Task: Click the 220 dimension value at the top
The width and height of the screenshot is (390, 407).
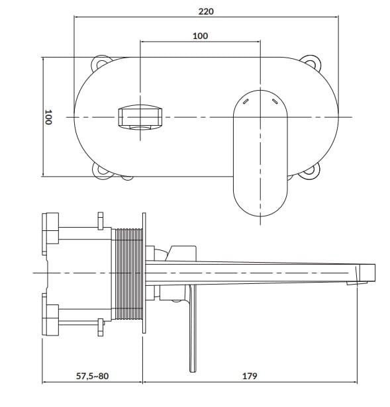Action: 206,11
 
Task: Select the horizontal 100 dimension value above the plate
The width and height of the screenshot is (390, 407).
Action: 200,36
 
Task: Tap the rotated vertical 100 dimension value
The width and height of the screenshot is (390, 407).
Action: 48,117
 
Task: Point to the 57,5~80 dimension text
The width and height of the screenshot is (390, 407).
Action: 93,376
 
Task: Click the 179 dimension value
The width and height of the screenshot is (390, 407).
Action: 250,376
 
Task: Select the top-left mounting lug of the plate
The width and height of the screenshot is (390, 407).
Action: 101,63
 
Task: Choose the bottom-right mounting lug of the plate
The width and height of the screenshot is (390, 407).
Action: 311,171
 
